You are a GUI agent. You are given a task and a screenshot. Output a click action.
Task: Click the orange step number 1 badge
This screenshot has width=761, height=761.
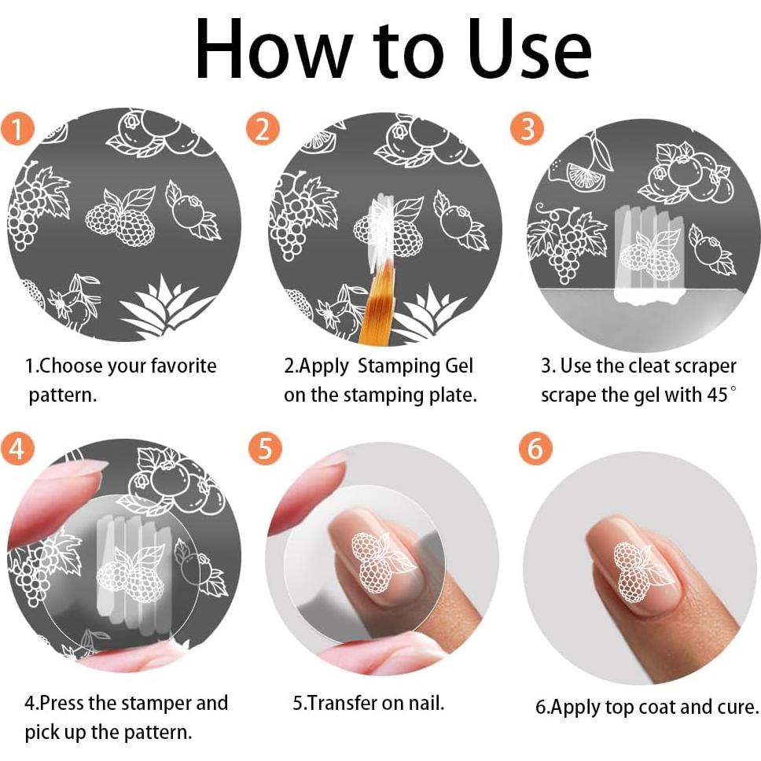[17, 129]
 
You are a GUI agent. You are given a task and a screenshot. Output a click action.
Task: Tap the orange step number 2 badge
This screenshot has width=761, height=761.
[263, 129]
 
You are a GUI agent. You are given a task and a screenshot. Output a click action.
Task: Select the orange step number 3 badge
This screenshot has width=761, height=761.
[527, 129]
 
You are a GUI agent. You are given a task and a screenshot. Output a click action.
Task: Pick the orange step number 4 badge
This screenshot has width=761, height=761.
[17, 447]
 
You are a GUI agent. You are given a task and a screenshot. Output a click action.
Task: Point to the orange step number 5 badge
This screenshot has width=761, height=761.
[264, 447]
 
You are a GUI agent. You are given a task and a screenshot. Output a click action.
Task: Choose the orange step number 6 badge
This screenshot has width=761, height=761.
[535, 447]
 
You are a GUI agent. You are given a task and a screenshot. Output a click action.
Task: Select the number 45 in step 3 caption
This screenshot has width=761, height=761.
[717, 395]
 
